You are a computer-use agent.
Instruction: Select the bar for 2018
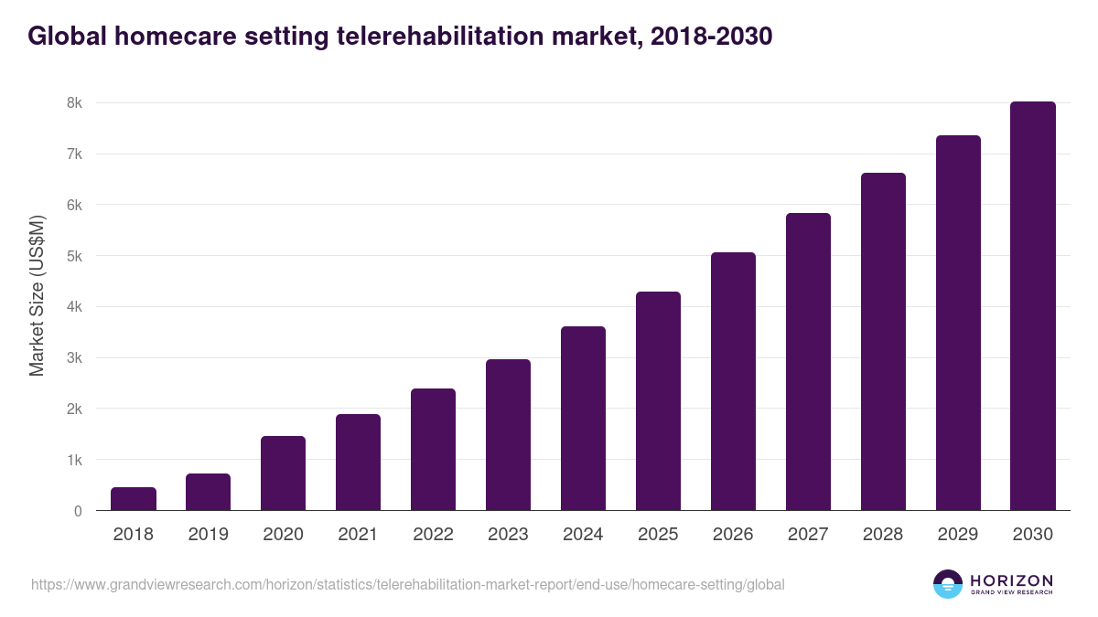point(134,499)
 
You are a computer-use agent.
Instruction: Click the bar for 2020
point(284,473)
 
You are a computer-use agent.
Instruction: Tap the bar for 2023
point(508,435)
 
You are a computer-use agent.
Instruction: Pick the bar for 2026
point(733,381)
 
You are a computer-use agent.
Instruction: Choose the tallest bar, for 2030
point(1033,306)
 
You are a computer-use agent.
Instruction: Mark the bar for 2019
point(209,492)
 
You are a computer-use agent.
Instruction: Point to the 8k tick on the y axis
point(74,103)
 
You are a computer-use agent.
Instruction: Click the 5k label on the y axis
point(74,256)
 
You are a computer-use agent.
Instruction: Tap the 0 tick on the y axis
point(78,511)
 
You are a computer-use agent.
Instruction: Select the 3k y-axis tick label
point(74,358)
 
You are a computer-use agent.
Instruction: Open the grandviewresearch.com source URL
point(407,584)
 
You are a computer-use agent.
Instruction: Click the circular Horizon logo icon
point(948,584)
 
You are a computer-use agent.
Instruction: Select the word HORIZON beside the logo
point(1011,580)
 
